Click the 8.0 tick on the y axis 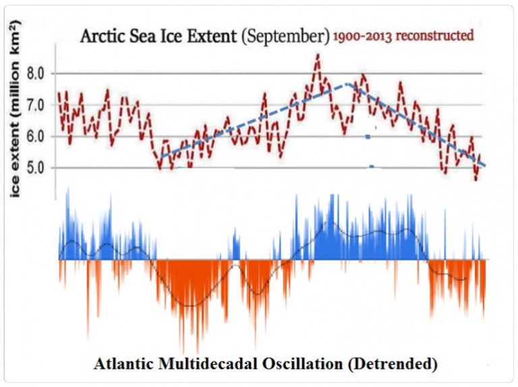(x=36, y=73)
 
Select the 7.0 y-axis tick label (x=36, y=105)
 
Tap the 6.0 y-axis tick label (x=36, y=136)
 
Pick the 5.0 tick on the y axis (x=36, y=167)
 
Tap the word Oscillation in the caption (x=312, y=365)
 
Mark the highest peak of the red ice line (x=317, y=55)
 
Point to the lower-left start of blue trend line (x=161, y=156)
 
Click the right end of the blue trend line (x=484, y=165)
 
